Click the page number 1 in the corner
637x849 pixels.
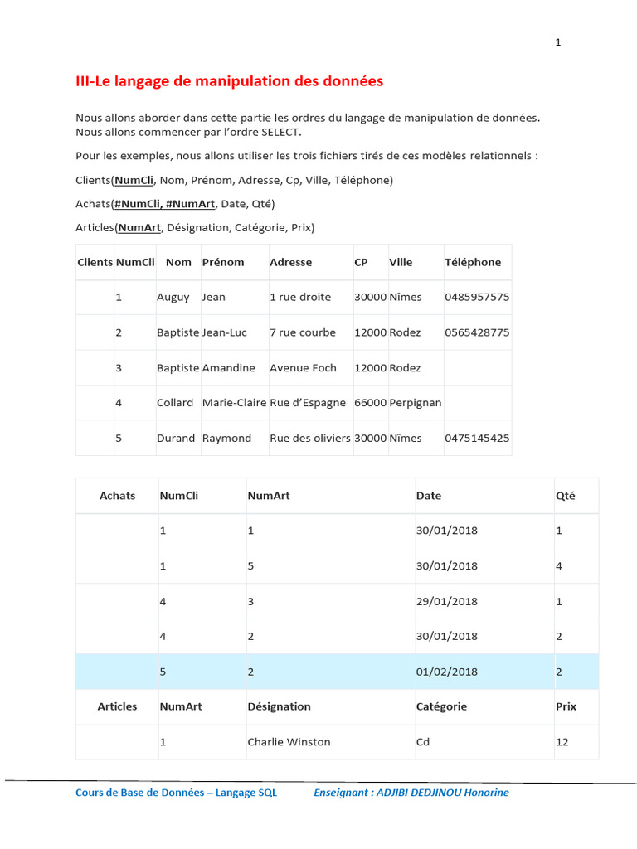pos(558,43)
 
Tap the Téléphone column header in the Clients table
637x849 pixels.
pos(473,262)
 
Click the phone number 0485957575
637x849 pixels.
pos(477,297)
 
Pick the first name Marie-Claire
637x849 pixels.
pos(234,403)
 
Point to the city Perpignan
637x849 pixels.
pos(416,403)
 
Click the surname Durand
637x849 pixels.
pos(176,439)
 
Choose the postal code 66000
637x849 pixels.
pos(370,403)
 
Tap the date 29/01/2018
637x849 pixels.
pos(447,601)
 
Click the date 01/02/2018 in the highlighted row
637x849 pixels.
pos(447,672)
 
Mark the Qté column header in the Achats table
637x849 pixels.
pos(565,496)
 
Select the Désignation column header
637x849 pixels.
pos(279,706)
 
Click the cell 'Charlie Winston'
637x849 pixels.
pos(289,742)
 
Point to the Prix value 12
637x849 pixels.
pos(562,742)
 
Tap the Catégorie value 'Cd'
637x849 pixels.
pos(423,742)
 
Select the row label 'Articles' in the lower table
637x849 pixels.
pos(117,706)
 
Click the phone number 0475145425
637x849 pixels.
pos(477,439)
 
